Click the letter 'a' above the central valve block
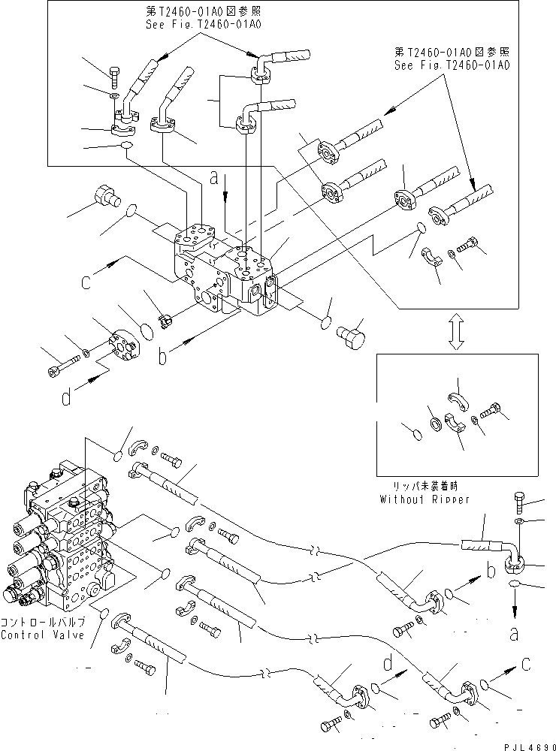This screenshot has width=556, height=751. [x=214, y=179]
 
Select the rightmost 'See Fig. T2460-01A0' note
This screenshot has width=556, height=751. [x=452, y=65]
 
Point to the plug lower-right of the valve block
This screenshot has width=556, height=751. [x=350, y=335]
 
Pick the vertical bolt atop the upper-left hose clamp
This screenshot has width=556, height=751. [x=114, y=76]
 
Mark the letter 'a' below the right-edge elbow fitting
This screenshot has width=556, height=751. [x=514, y=635]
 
